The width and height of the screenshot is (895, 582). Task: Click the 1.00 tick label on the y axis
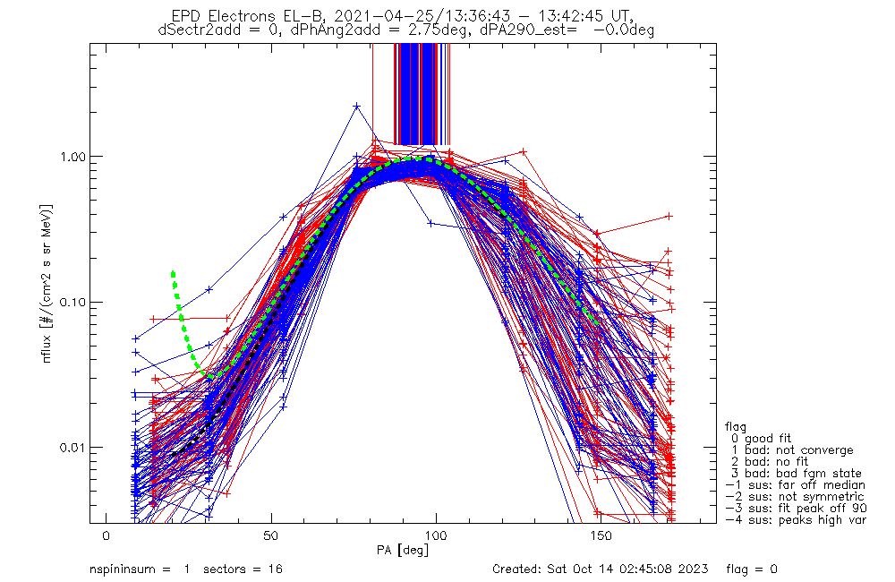[72, 157]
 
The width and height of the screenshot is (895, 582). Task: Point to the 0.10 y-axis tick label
[72, 302]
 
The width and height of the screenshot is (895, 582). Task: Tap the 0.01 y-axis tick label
[72, 447]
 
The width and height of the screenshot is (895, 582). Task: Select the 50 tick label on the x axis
[271, 535]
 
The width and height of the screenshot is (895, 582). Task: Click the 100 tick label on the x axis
[436, 535]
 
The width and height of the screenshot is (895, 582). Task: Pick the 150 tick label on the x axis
[601, 535]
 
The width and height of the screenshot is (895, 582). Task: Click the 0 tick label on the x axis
[107, 535]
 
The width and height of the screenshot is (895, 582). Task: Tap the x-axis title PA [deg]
[403, 551]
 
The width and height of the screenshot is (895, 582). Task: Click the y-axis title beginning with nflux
[48, 283]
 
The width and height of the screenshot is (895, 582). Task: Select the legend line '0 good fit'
[761, 439]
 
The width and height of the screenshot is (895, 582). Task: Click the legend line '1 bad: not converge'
[792, 450]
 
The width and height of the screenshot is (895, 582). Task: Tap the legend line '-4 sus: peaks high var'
[796, 520]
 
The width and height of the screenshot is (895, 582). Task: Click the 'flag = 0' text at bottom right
[752, 569]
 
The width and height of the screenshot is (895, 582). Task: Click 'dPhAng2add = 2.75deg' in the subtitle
[379, 30]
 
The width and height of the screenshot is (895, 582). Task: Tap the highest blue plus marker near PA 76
[357, 107]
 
